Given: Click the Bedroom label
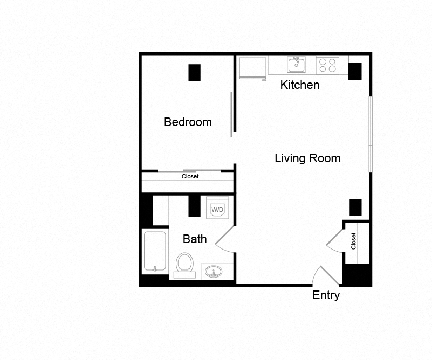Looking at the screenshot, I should [188, 122].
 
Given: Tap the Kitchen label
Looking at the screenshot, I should [300, 85].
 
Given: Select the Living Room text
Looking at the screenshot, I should [307, 158].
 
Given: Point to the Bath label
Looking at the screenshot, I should [195, 239].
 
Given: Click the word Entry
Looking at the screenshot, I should [326, 295].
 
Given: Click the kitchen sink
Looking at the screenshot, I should [296, 65].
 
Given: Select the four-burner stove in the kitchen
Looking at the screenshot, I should [327, 65].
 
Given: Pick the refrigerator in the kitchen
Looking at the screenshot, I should [252, 67].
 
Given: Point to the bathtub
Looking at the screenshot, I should [155, 252].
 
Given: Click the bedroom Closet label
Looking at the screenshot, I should [190, 176].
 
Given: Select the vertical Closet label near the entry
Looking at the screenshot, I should [354, 240].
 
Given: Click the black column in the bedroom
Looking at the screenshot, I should [194, 73].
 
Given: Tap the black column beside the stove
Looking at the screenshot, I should [354, 72].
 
